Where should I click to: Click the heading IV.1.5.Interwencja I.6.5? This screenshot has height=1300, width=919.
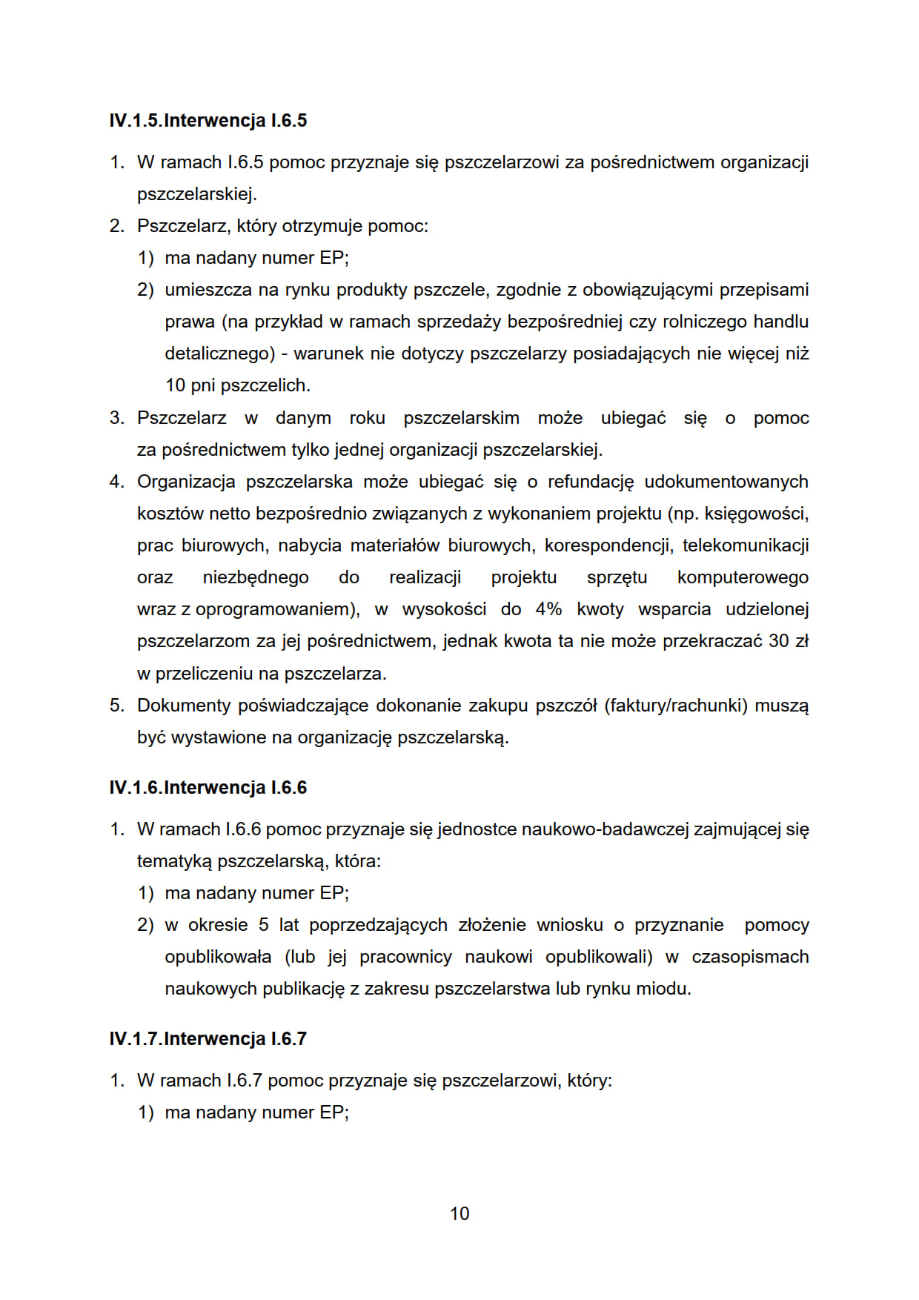point(208,121)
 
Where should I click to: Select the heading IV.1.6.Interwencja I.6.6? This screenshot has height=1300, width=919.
point(208,787)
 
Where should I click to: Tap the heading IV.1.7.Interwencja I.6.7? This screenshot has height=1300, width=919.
point(208,1038)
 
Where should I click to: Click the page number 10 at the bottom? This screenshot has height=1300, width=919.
point(459,1213)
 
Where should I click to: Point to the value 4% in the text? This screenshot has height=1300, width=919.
point(548,609)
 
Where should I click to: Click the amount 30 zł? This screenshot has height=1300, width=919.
point(788,641)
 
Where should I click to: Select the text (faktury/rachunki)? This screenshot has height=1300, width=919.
point(675,705)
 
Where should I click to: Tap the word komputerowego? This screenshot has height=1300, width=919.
point(743,577)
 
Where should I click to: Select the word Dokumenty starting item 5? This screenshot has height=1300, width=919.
point(184,705)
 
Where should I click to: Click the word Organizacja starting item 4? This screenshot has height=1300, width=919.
point(186,482)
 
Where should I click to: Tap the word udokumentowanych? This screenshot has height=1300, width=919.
point(726,482)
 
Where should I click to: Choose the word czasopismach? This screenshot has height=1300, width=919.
point(750,957)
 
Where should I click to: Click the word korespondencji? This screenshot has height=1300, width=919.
point(608,545)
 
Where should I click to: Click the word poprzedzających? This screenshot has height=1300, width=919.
point(378,925)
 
